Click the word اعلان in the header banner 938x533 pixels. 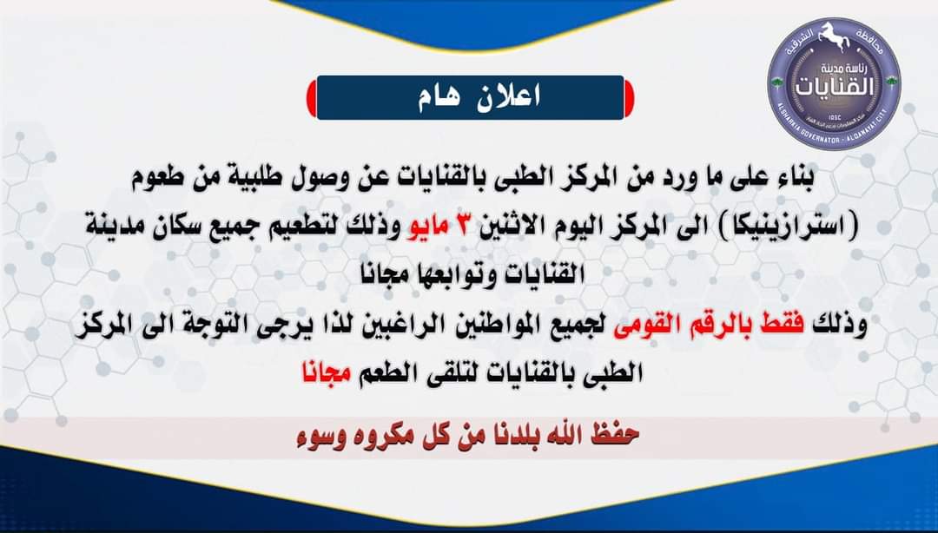click(508, 97)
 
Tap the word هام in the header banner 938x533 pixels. click(439, 97)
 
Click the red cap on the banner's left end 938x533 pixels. click(312, 97)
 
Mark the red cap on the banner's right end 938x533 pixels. click(629, 97)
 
